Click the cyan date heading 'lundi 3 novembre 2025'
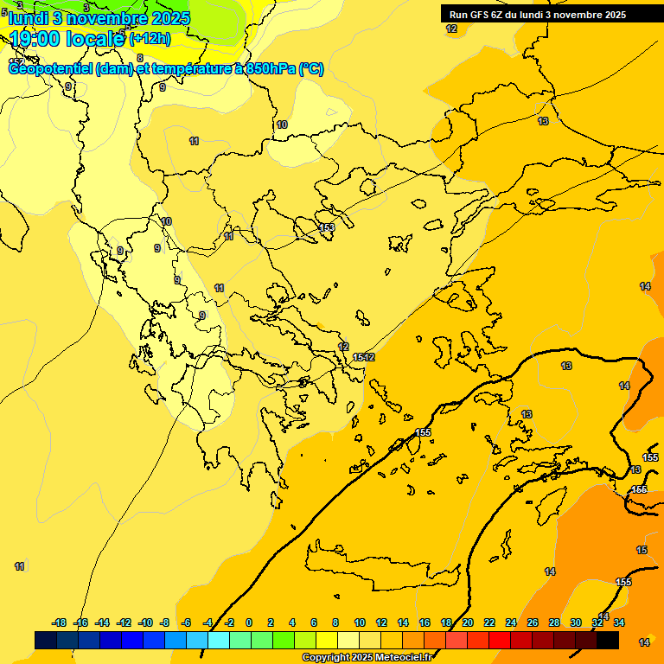99,18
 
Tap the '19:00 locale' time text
67,38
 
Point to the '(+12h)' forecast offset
150,39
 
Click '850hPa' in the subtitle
270,69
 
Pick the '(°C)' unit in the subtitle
311,69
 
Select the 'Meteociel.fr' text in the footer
412,658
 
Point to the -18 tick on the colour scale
60,622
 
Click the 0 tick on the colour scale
249,622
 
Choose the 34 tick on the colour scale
619,622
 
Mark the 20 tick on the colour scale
468,622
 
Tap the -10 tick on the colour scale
145,622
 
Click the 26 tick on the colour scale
533,622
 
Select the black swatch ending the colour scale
608,640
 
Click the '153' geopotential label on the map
327,227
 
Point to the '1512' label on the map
364,357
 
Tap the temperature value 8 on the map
140,58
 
